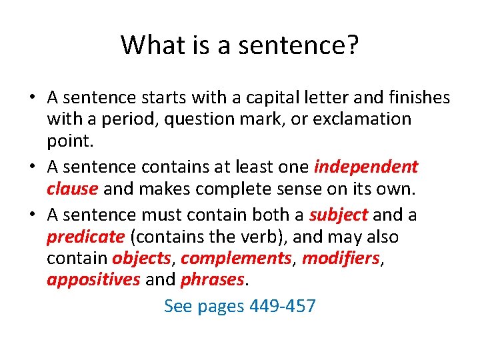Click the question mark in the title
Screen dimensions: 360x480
(x=352, y=45)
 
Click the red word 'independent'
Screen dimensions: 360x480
(x=366, y=167)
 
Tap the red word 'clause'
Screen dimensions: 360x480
(x=73, y=189)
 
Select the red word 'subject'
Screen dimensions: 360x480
(x=338, y=215)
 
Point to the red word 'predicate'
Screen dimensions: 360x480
(x=86, y=237)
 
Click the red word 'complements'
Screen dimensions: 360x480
(x=237, y=259)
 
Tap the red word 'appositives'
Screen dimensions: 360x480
(x=93, y=280)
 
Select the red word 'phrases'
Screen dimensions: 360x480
(x=212, y=280)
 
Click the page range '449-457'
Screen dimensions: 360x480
(x=282, y=306)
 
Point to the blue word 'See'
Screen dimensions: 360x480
(x=177, y=306)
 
